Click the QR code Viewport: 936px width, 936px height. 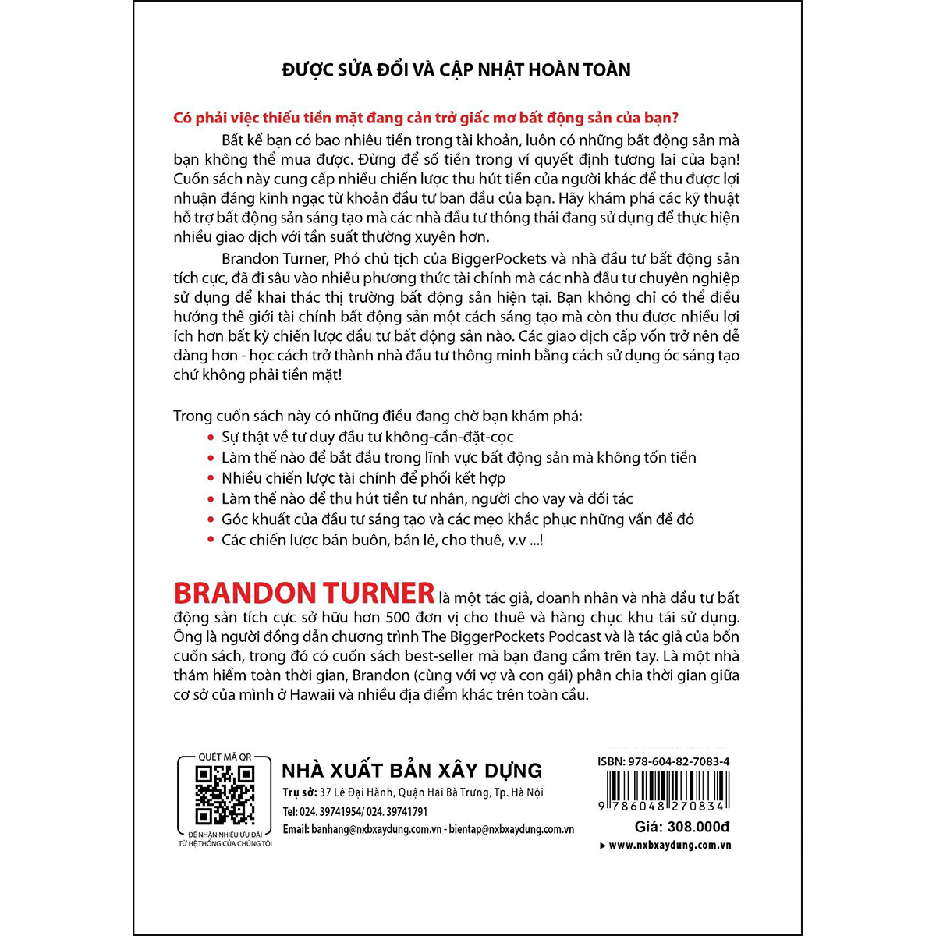click(225, 795)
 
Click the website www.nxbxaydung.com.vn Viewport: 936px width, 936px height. click(669, 846)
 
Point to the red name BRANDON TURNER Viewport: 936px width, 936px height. click(303, 594)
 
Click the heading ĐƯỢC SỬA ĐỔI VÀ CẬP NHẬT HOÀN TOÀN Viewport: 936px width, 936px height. click(456, 70)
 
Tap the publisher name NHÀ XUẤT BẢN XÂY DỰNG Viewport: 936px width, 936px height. click(412, 771)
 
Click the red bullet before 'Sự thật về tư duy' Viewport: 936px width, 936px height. click(211, 438)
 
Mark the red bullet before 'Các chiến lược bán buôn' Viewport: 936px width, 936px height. click(211, 540)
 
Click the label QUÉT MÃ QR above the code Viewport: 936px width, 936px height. click(225, 757)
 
